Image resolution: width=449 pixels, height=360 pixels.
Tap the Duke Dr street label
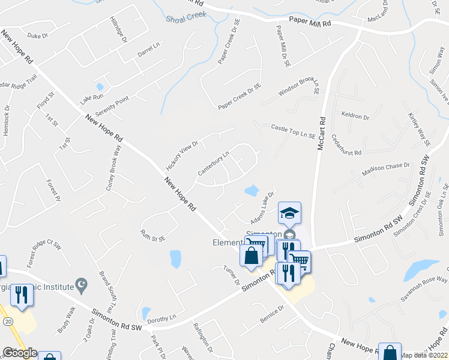[x=37, y=36]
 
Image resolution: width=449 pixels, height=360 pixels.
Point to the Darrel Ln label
[x=149, y=50]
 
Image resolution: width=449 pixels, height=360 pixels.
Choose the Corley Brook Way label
[x=110, y=169]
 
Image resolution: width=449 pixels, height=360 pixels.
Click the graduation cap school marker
[x=289, y=212]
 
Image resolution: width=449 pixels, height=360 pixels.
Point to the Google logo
[x=19, y=353]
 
